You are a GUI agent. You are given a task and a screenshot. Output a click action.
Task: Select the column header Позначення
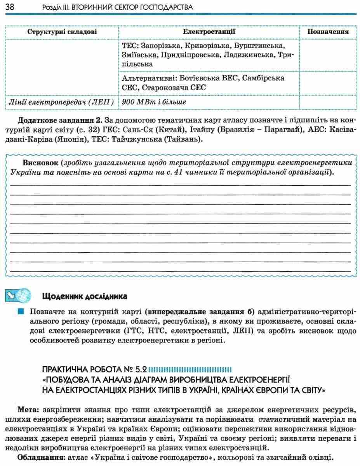(328, 32)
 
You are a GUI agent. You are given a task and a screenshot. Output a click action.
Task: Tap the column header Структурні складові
(62, 32)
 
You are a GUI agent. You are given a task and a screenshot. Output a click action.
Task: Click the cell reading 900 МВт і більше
(154, 102)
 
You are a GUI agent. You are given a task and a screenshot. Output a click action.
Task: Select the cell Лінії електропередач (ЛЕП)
(61, 102)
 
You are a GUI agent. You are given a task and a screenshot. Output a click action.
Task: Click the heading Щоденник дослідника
(84, 297)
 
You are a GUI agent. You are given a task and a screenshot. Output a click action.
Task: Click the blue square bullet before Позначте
(20, 311)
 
